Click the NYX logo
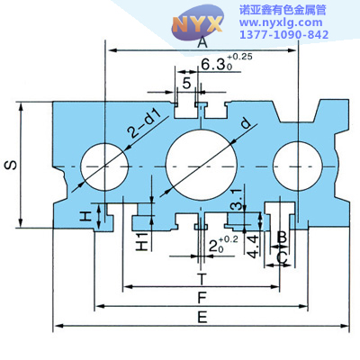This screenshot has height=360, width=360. (198, 22)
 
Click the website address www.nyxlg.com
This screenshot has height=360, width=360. (281, 22)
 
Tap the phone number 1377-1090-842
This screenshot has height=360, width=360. (283, 34)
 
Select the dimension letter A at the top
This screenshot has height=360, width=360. (202, 42)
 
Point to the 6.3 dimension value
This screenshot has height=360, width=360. (213, 64)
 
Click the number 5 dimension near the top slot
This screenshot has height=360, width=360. (186, 83)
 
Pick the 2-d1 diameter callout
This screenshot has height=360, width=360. (143, 123)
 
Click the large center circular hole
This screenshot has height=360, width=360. (202, 165)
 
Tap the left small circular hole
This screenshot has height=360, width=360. (104, 166)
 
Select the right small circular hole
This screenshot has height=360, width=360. (298, 166)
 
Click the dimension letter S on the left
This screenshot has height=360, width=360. (11, 165)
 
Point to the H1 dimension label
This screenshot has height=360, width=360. (142, 241)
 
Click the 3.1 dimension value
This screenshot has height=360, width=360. (236, 200)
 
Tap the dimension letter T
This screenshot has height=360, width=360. (202, 279)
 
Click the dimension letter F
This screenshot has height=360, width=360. (202, 298)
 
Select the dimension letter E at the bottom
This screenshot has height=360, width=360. (202, 317)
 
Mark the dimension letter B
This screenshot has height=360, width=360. (282, 238)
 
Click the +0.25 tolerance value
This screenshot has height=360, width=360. (240, 57)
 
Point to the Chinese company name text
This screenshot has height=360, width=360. (283, 11)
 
